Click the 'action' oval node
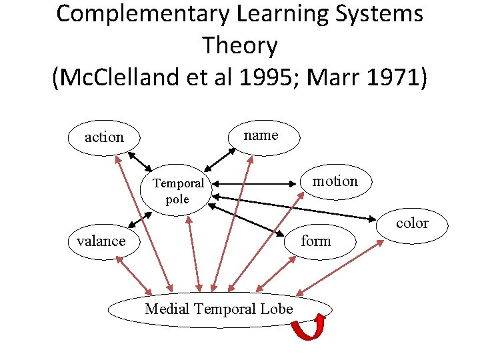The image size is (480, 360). [x=103, y=137]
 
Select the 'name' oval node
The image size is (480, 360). [x=261, y=135]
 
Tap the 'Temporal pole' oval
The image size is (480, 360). [x=177, y=191]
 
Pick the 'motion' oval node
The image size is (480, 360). [x=335, y=181]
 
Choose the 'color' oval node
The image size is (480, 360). [x=412, y=223]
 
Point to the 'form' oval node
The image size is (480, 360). [x=315, y=241]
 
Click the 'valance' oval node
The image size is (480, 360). [x=101, y=241]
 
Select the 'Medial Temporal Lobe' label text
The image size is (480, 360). [x=219, y=309]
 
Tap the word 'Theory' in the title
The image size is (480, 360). [x=239, y=45]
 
